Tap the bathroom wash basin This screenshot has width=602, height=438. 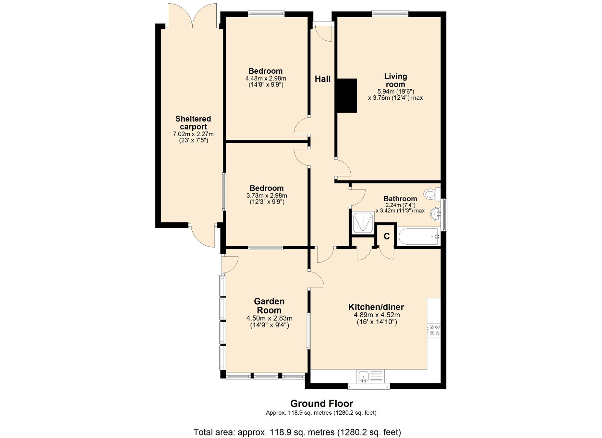pos(436,214)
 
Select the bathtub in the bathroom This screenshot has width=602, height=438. pos(419,236)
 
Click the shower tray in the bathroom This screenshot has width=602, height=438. pos(363,222)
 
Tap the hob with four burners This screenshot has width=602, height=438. pos(434,330)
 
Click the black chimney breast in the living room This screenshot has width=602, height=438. pos(347,96)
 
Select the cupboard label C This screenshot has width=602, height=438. pos(386,236)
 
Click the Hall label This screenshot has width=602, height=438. pos(322,79)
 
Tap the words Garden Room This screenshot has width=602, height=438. pos(269,306)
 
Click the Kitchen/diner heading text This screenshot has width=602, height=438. pos(376,307)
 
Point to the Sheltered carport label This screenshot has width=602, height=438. pos(193,123)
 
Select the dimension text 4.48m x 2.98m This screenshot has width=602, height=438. pos(266,79)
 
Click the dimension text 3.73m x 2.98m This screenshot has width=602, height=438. pos(267,195)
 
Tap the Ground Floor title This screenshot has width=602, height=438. pos(322,403)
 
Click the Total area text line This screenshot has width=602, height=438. pos(297,425)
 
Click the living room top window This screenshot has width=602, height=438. pos(390,14)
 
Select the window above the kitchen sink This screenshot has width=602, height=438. pos(368,386)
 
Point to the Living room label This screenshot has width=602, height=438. pos(395,81)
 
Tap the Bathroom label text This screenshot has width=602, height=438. pos(400,199)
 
